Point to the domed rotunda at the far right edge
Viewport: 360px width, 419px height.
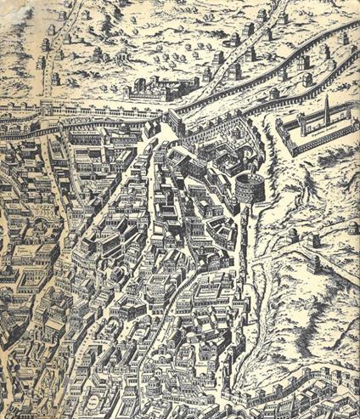pos(352,229)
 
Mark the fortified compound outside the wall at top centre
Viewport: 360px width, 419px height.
pos(156,86)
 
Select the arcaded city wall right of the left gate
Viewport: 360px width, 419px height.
pos(110,115)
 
